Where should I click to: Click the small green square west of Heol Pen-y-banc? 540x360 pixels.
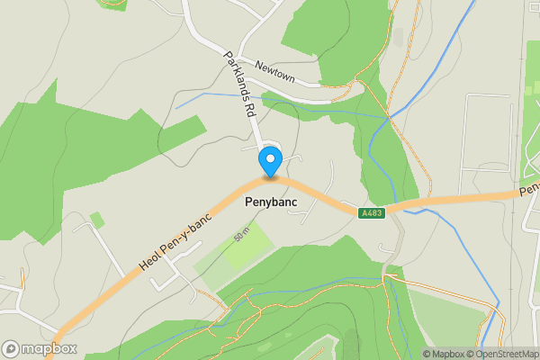pos(97,220)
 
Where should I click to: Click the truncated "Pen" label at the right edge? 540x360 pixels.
pos(530,188)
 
